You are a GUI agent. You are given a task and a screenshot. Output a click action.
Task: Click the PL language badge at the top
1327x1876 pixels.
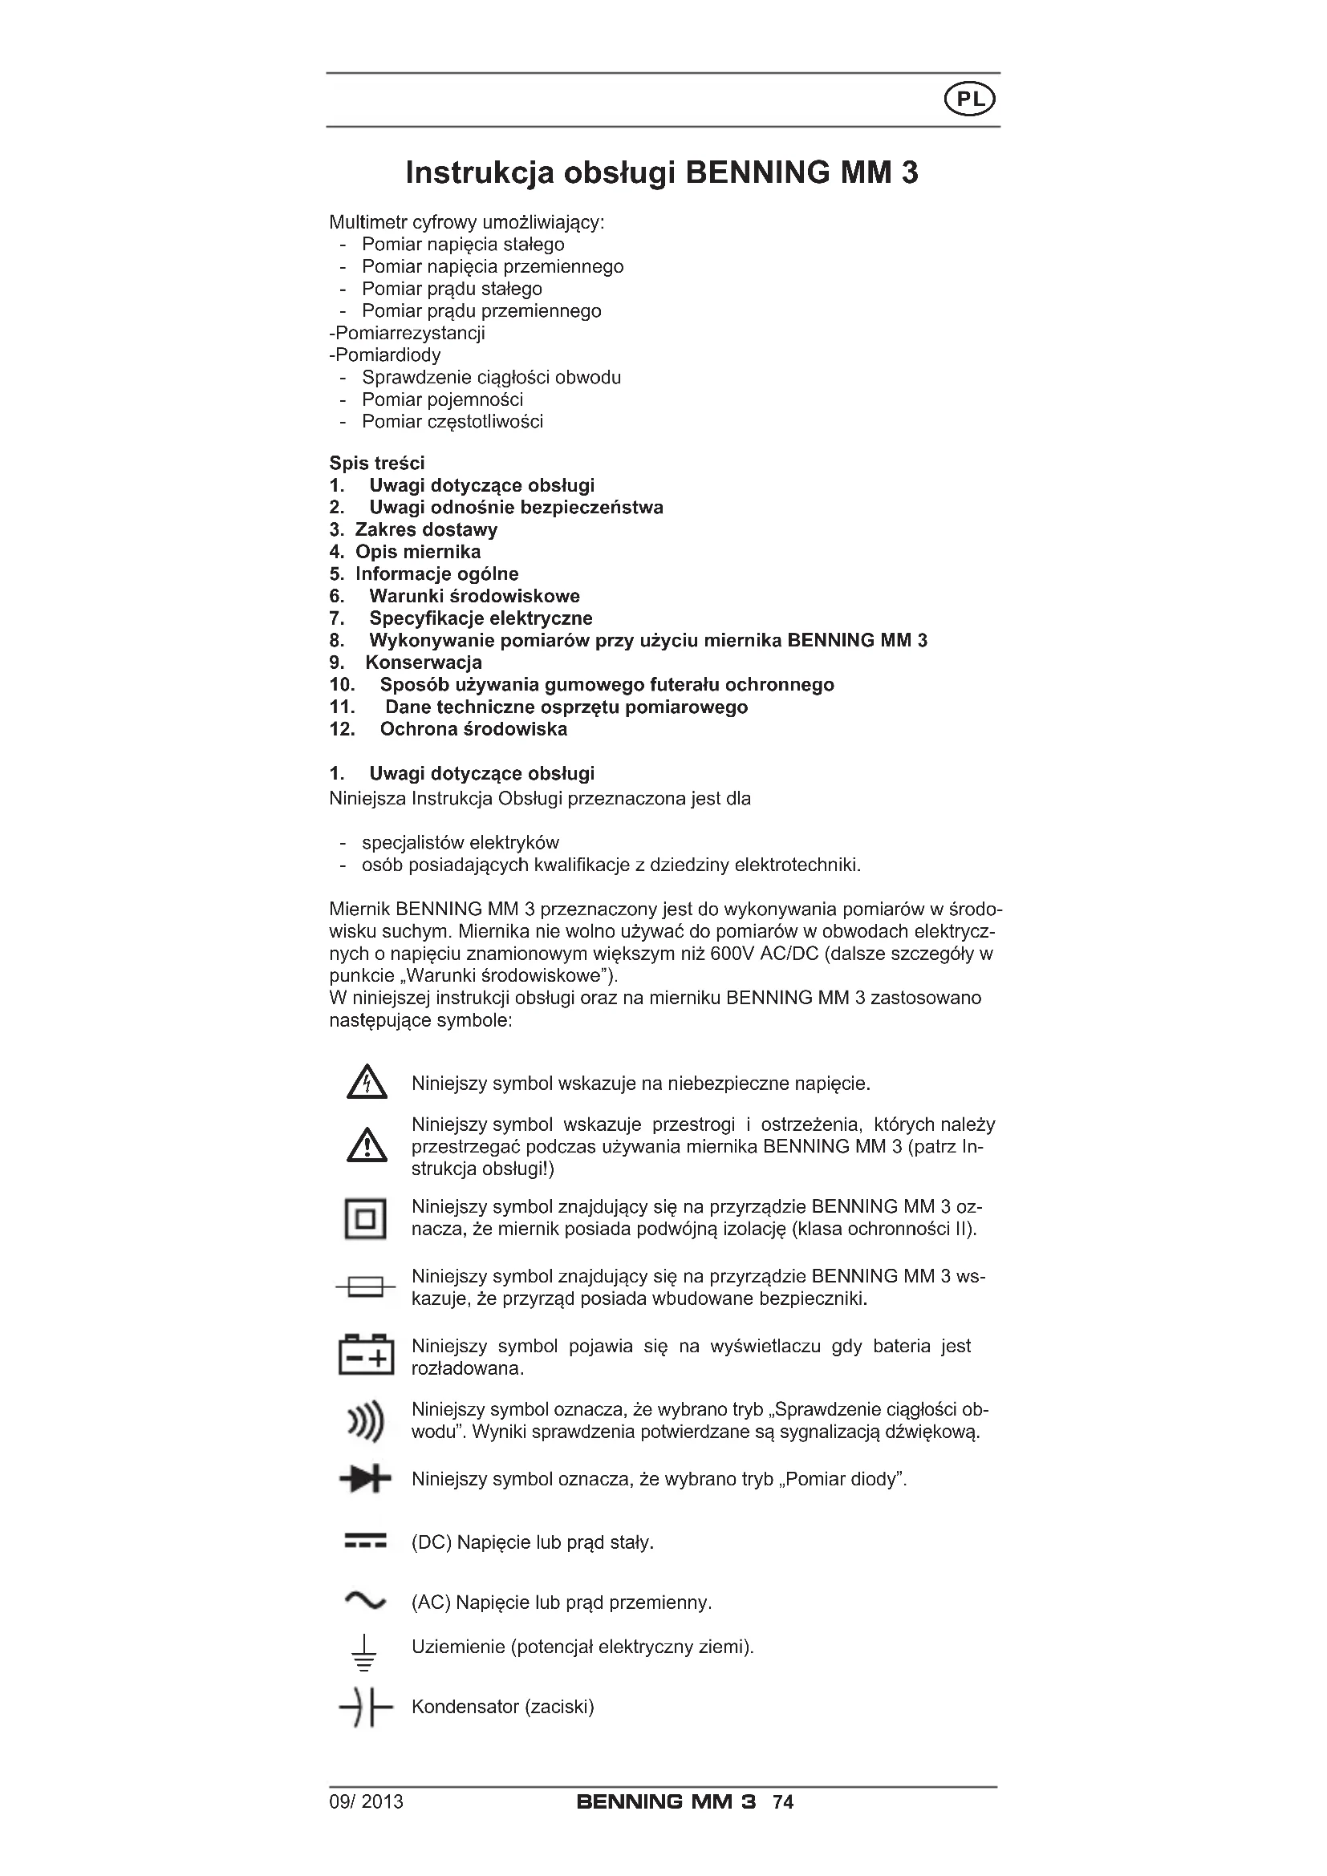pos(970,99)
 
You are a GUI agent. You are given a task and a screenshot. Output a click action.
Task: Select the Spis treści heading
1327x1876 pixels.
pos(377,464)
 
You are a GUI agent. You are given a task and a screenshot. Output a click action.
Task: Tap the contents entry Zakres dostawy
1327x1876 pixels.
pos(426,529)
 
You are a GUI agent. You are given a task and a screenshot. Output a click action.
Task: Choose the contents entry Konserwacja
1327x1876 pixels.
pos(424,662)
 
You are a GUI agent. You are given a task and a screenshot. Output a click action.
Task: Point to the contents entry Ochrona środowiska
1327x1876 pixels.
pos(473,729)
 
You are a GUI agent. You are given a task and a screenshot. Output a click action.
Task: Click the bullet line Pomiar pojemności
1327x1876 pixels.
pos(442,399)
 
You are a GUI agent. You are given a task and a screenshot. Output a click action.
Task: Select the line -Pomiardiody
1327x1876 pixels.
pos(385,355)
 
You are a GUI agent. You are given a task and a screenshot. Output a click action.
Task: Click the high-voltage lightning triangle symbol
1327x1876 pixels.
pos(366,1083)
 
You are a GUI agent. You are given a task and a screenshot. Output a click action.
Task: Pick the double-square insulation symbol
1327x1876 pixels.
pos(365,1219)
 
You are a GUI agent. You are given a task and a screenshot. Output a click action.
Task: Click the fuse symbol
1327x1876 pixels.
pos(365,1288)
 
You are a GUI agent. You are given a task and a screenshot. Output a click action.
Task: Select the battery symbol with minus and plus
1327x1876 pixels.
pos(366,1355)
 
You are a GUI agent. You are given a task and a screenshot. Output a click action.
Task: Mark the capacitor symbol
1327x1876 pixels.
pos(365,1708)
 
